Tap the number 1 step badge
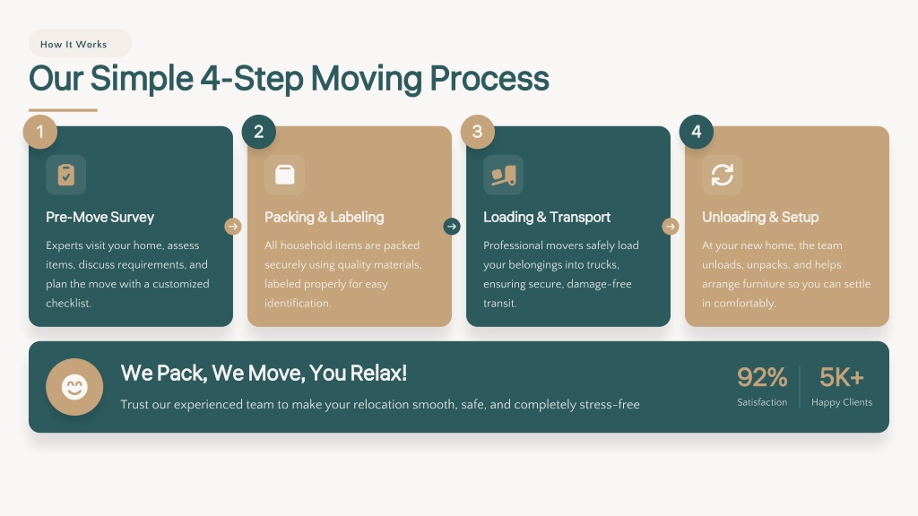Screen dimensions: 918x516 [39, 132]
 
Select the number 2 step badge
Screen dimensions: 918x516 [259, 132]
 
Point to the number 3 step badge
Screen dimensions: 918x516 [478, 132]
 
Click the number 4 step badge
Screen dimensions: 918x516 [696, 132]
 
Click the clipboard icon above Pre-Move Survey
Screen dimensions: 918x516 [66, 175]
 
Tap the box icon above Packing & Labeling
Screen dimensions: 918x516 [284, 175]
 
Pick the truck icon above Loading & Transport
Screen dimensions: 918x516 [504, 175]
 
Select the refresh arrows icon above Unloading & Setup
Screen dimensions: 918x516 [722, 175]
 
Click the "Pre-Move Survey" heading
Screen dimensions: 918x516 [100, 217]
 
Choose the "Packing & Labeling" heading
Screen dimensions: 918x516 [325, 217]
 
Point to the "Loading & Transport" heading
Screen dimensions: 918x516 [547, 217]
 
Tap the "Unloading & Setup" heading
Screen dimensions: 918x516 [760, 217]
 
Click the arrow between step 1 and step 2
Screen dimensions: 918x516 [233, 227]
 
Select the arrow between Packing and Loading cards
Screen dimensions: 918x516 [452, 227]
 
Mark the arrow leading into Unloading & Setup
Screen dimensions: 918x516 [671, 227]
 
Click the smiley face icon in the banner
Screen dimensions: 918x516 [74, 387]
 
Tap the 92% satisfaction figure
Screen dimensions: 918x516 [762, 377]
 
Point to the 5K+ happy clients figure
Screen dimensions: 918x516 [841, 377]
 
